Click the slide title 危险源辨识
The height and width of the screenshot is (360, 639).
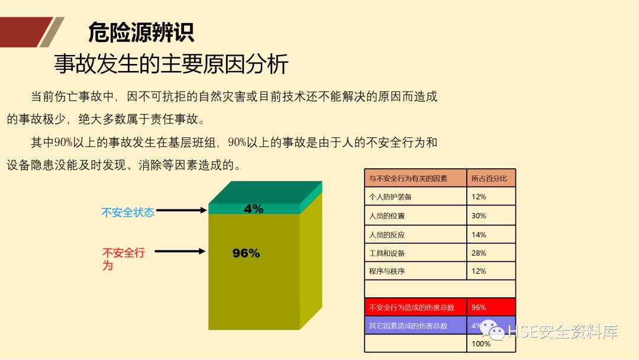click(x=141, y=33)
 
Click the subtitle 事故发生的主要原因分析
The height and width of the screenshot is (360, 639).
click(x=171, y=63)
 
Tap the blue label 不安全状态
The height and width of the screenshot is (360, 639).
click(x=128, y=212)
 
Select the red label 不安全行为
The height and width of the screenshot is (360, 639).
click(x=123, y=259)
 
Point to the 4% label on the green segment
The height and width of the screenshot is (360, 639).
click(x=253, y=209)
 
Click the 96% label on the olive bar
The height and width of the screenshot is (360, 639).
click(x=246, y=253)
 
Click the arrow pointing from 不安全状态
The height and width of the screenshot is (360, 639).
click(x=181, y=210)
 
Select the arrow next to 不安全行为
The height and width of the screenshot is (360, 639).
click(x=180, y=252)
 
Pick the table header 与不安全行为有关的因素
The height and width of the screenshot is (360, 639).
click(x=408, y=178)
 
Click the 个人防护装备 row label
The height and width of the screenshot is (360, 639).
click(x=390, y=197)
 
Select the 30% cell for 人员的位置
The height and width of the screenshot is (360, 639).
click(x=479, y=216)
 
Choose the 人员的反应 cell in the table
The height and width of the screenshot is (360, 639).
click(x=387, y=234)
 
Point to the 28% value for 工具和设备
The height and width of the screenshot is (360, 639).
click(x=479, y=253)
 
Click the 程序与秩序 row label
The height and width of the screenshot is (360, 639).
click(x=387, y=271)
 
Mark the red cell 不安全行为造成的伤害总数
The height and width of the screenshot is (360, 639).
click(x=412, y=307)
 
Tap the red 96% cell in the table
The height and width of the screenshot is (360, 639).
click(x=479, y=307)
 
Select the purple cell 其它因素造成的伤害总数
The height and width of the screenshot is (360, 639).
click(x=408, y=326)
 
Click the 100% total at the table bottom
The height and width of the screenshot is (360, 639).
click(x=480, y=343)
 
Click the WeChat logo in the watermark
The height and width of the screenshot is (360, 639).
click(x=491, y=330)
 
